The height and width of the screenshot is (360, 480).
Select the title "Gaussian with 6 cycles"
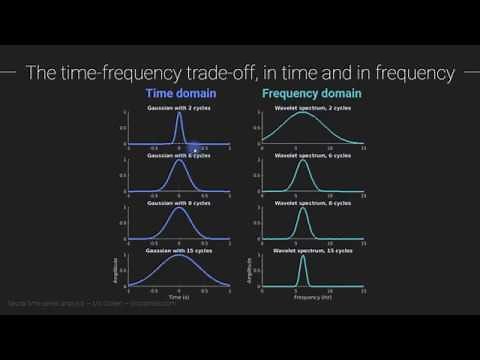coord(179,155)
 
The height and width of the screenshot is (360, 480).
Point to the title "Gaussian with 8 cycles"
coord(179,204)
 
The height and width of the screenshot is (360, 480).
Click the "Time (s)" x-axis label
coord(179,298)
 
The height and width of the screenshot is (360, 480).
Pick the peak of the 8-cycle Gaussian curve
coord(179,210)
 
